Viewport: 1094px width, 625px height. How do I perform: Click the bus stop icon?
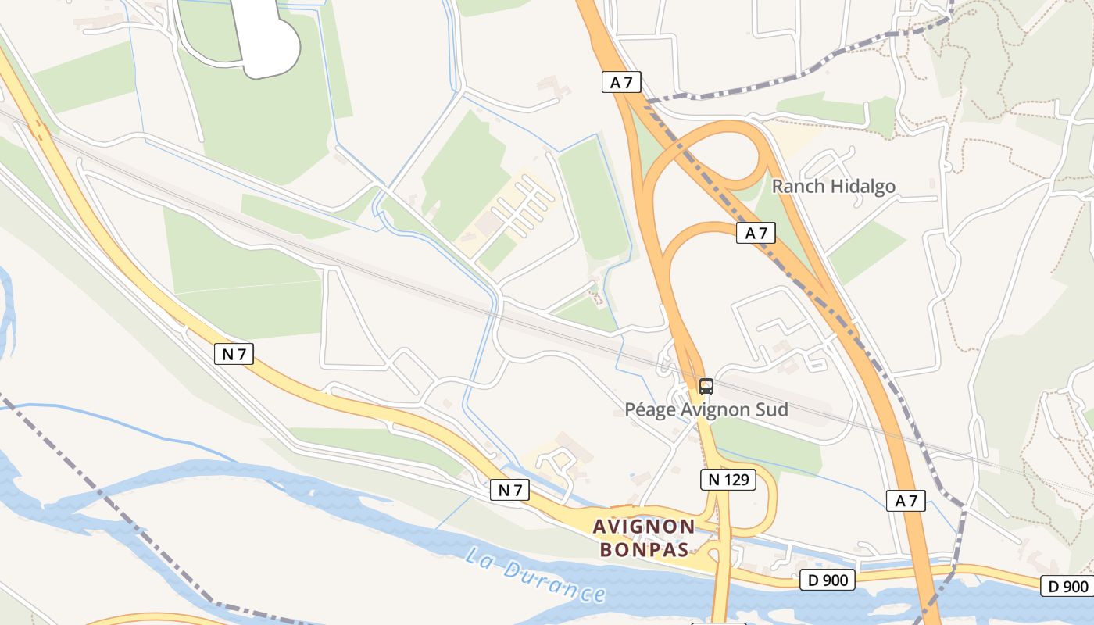click(706, 386)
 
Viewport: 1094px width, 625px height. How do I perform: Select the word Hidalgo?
click(863, 186)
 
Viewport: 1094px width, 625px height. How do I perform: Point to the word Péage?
click(649, 409)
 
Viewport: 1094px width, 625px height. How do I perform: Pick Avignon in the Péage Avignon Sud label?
click(717, 409)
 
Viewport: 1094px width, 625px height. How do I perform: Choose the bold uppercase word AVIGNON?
click(644, 526)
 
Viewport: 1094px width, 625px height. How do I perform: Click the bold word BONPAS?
click(644, 549)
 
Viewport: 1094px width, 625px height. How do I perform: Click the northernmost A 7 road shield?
click(621, 82)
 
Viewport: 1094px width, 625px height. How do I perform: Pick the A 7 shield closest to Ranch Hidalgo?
click(756, 233)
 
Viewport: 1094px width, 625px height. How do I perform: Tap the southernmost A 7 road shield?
click(906, 501)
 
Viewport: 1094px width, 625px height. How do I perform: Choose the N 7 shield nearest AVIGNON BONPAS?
click(509, 490)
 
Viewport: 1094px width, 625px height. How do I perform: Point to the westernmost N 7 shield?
click(234, 354)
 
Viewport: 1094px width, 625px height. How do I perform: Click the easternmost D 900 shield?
click(1067, 586)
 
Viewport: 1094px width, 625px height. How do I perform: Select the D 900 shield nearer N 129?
click(828, 580)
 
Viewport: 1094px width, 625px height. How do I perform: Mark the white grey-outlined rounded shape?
click(268, 39)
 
